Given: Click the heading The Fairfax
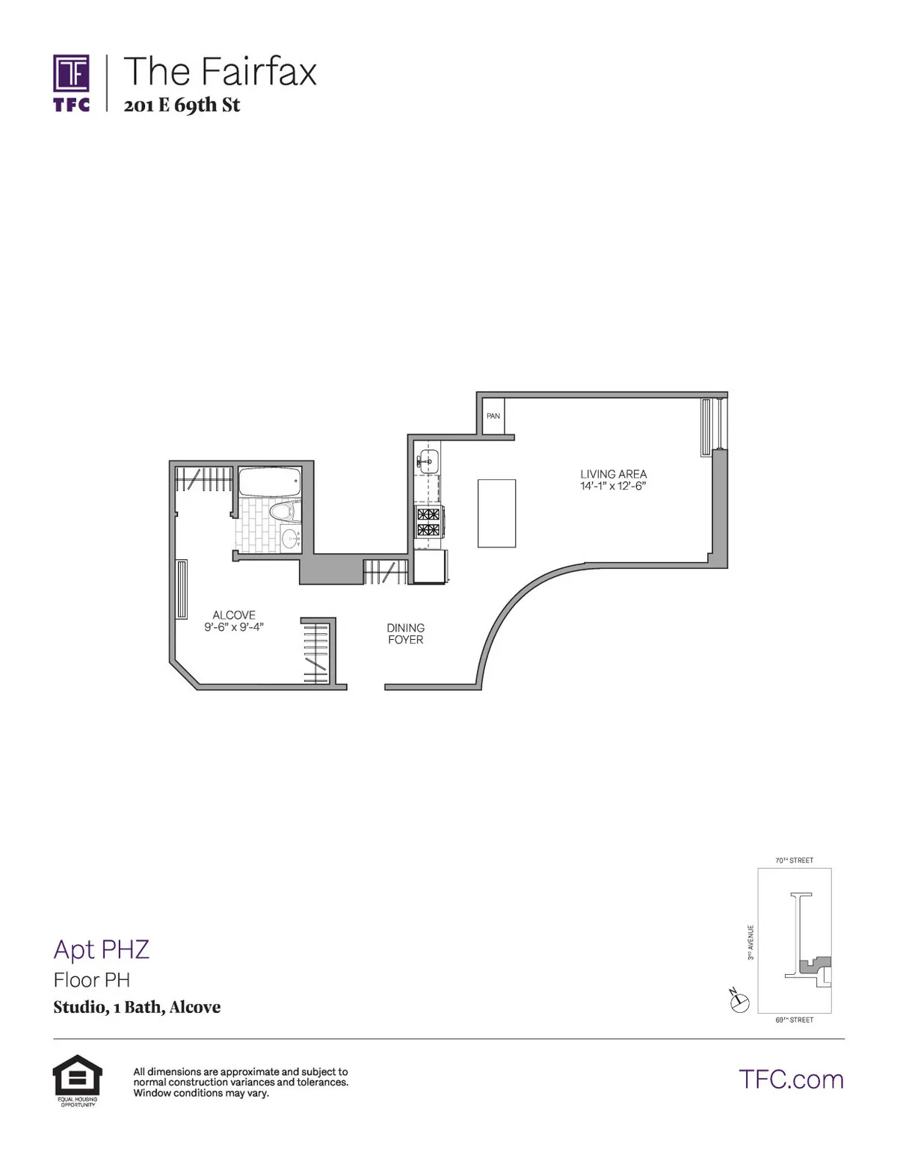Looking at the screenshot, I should pyautogui.click(x=220, y=72).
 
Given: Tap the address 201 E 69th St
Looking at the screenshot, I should pyautogui.click(x=182, y=105).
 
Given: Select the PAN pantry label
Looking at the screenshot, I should pyautogui.click(x=493, y=416).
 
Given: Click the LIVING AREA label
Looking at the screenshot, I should pyautogui.click(x=613, y=474).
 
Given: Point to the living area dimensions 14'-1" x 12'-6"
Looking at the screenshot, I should pyautogui.click(x=613, y=486).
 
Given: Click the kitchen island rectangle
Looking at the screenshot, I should pyautogui.click(x=496, y=513).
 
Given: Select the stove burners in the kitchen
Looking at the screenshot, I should pyautogui.click(x=428, y=522).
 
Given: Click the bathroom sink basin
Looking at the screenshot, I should pyautogui.click(x=289, y=536).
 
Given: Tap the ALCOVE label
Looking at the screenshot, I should pyautogui.click(x=234, y=615).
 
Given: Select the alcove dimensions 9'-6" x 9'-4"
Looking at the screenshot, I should pyautogui.click(x=234, y=627).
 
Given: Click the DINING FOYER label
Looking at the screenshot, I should pyautogui.click(x=405, y=634).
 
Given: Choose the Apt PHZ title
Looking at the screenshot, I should pyautogui.click(x=102, y=949).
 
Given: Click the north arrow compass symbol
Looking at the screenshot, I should pyautogui.click(x=739, y=1001).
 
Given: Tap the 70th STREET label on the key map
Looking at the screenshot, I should pyautogui.click(x=794, y=860).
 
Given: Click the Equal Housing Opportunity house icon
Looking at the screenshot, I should pyautogui.click(x=77, y=1076).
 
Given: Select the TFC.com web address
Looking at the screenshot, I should pyautogui.click(x=791, y=1080).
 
